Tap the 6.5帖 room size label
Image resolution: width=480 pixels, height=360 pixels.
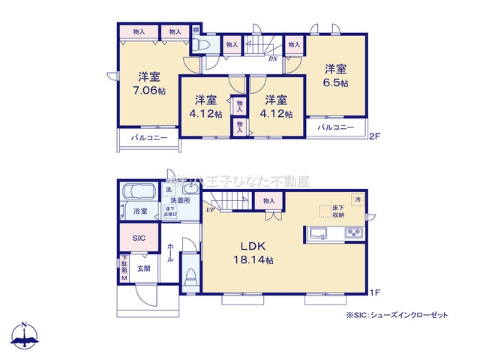click(x=335, y=83)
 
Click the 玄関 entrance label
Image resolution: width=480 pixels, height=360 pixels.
click(x=142, y=268)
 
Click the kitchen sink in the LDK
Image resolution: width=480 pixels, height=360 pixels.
click(x=318, y=234)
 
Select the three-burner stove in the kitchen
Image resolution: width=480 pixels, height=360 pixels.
click(x=353, y=234)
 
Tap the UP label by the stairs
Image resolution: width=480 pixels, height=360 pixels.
click(x=212, y=210)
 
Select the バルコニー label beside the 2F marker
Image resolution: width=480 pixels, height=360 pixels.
click(x=334, y=128)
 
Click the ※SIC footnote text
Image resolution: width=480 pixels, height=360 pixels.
click(x=397, y=316)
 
